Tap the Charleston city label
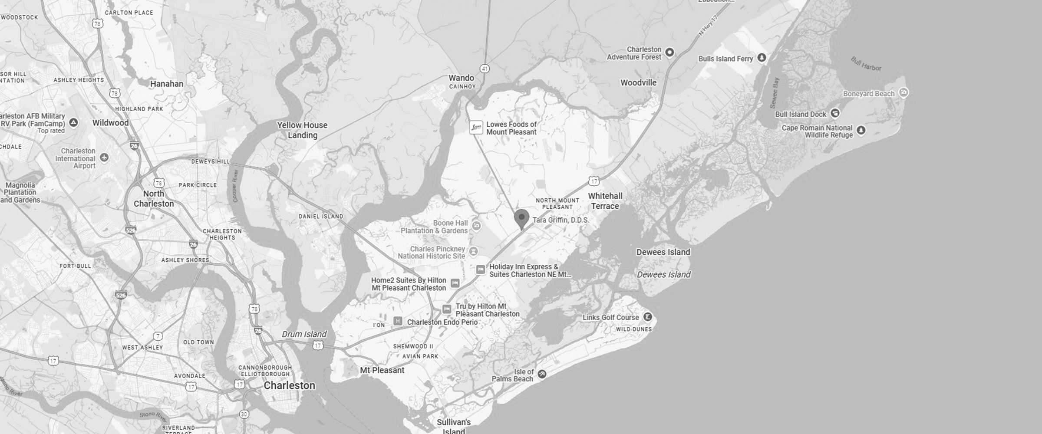coord(289,385)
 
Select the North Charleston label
coord(154,199)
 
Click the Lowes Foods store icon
coord(476,128)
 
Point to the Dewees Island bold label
coord(663,252)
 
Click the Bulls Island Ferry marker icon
coord(762,58)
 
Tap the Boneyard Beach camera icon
coord(904,92)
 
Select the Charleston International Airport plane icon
coord(104,157)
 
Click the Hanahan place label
coord(167,84)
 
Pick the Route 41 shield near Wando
coord(485,69)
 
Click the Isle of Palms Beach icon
coord(542,374)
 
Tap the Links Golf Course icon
coord(647,317)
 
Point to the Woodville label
coord(638,82)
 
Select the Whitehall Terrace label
coord(605,201)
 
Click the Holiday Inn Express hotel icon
coord(480,270)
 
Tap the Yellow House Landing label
coord(302,130)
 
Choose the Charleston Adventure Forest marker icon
coord(670,53)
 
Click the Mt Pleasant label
coord(382,370)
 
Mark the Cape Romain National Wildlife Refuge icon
coord(861,130)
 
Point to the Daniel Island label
coord(321,216)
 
